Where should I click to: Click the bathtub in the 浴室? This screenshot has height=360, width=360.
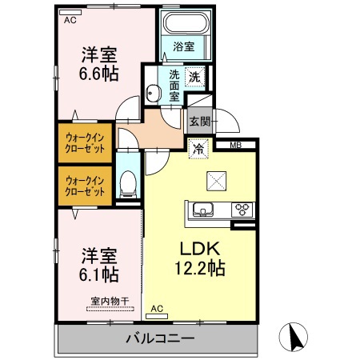point(186,22)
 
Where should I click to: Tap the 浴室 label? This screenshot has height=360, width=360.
point(184,46)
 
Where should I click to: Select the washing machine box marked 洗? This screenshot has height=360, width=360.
point(195,77)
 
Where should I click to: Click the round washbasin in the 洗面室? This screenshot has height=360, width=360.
point(153,93)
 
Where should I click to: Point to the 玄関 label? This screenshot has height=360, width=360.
point(200,122)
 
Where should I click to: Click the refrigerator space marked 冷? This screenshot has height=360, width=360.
point(198,149)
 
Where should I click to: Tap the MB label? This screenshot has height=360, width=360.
point(236,146)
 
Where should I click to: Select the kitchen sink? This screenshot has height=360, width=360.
point(203,209)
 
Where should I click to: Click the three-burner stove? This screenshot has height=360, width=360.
point(242,209)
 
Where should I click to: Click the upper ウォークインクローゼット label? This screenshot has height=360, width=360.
point(85,143)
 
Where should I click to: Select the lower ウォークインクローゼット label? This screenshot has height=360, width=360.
point(85,186)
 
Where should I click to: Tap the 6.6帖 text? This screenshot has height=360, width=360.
point(98,74)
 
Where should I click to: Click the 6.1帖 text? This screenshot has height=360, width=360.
point(98,274)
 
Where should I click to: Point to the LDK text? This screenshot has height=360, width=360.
point(200,248)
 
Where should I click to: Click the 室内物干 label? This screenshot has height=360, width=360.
point(110,302)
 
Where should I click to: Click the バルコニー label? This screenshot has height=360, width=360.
point(160,339)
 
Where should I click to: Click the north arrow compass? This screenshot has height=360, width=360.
point(294,337)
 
